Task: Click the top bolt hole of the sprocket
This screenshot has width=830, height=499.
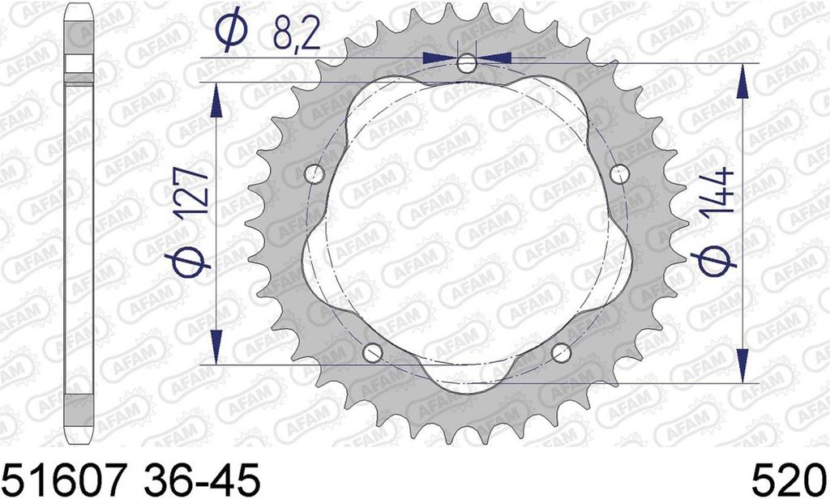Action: (x=467, y=64)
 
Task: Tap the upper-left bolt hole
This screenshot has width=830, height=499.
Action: (x=314, y=173)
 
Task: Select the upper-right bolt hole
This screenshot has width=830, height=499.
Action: (x=619, y=173)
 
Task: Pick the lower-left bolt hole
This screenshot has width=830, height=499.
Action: (x=373, y=352)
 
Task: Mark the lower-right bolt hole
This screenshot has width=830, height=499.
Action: (x=561, y=352)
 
